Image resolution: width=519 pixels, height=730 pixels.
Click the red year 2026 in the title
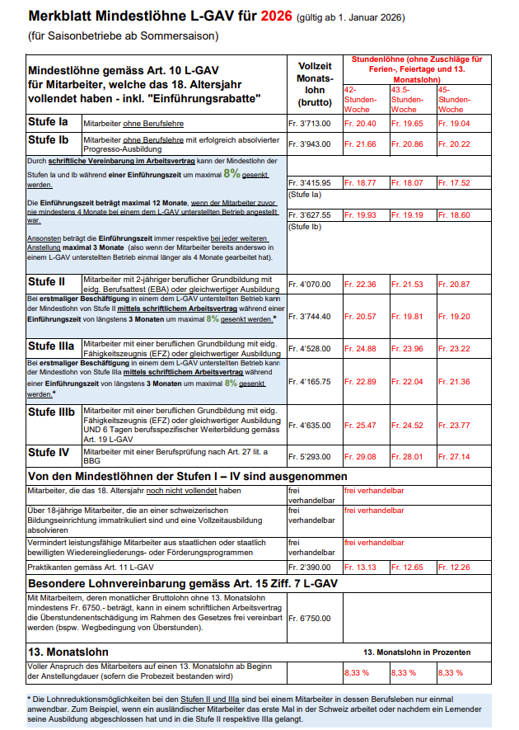coord(270,17)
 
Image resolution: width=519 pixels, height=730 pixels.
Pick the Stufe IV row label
coord(49,453)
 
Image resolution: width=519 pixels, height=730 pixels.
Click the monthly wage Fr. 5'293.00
coord(308,456)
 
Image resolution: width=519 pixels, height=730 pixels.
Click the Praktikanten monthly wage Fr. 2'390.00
coord(308,568)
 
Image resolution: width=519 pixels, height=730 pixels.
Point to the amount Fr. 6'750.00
coord(308,617)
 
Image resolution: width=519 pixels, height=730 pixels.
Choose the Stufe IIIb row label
coord(52,412)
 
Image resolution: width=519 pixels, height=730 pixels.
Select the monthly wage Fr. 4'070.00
coord(308,285)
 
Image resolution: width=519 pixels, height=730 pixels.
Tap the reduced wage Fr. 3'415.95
coord(308,182)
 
